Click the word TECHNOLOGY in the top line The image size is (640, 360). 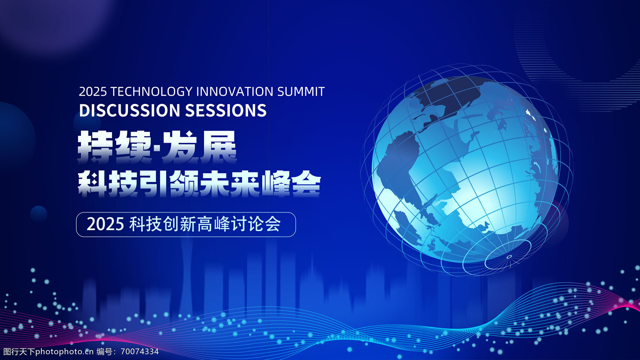click(x=151, y=92)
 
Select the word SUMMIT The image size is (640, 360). click(x=301, y=92)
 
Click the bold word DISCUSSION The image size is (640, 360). click(x=130, y=110)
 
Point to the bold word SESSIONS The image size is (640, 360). click(x=226, y=110)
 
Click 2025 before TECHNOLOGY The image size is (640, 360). click(x=93, y=92)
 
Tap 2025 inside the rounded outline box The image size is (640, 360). click(x=105, y=224)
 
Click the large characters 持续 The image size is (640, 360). click(x=115, y=147)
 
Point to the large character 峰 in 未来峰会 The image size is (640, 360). click(x=276, y=184)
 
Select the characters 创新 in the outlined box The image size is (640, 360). click(x=179, y=224)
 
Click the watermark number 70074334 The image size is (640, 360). click(x=140, y=351)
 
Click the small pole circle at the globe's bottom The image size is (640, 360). click(x=509, y=257)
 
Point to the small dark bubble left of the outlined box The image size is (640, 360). click(x=38, y=214)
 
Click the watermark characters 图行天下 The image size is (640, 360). click(x=19, y=351)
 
